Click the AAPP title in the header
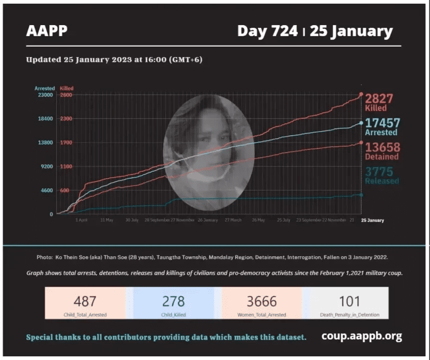(47, 31)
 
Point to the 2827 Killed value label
(379, 99)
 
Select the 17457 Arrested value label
(382, 123)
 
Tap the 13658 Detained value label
(382, 147)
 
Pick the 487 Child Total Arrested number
(85, 301)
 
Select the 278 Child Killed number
(173, 301)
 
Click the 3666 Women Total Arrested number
(261, 301)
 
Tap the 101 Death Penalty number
(349, 301)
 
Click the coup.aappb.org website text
(362, 336)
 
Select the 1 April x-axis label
(81, 220)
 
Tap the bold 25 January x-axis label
(372, 220)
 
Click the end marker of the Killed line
(361, 95)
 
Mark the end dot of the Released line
(361, 195)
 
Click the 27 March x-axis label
(233, 220)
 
